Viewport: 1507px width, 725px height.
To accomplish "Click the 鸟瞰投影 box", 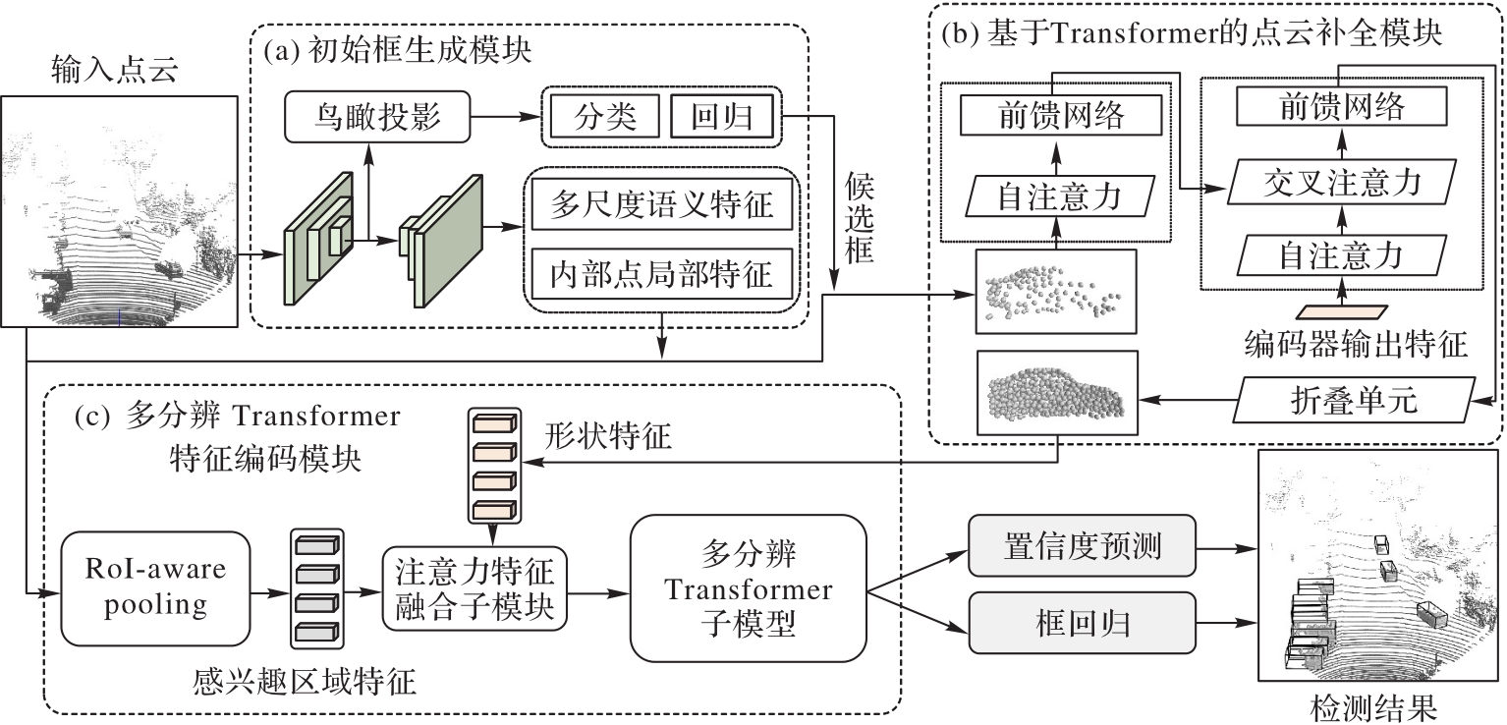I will [377, 119].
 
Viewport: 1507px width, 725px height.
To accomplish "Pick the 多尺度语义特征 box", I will [663, 206].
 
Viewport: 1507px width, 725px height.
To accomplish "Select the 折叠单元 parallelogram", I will [1356, 401].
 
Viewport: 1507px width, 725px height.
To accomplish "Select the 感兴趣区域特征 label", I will [305, 681].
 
